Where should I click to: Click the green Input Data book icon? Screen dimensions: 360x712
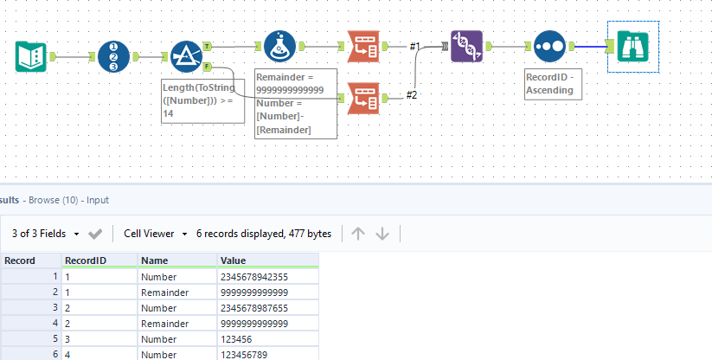click(32, 57)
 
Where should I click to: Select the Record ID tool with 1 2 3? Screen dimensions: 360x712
click(113, 57)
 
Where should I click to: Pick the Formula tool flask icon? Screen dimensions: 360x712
click(280, 46)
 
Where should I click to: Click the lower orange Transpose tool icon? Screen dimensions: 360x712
click(362, 97)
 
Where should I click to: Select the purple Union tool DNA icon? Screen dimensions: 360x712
click(466, 46)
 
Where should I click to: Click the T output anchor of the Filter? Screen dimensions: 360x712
click(208, 46)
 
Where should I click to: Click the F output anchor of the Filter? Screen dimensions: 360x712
click(208, 67)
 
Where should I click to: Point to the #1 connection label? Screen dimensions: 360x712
click(414, 46)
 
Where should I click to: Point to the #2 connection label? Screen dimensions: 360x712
click(412, 94)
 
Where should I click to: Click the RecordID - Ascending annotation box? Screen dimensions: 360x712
click(555, 84)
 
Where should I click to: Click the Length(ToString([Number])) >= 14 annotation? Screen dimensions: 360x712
click(202, 101)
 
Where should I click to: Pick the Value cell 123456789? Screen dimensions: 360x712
click(246, 353)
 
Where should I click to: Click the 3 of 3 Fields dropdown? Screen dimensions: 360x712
click(46, 234)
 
